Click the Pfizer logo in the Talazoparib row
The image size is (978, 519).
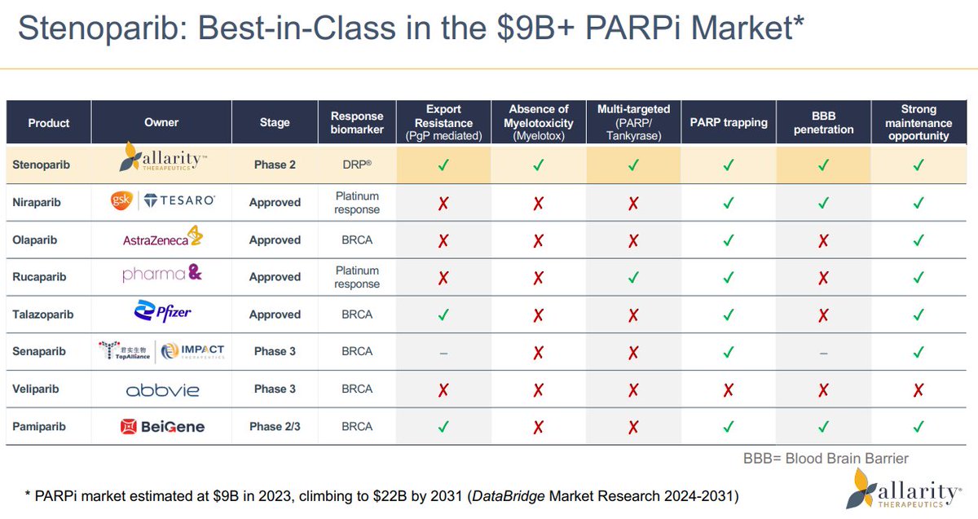[162, 313]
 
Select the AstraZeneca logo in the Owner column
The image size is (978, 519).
[161, 239]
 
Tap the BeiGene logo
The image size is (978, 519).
[162, 426]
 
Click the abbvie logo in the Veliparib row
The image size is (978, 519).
[162, 389]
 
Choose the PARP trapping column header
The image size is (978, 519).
[729, 122]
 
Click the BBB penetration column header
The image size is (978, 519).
[823, 122]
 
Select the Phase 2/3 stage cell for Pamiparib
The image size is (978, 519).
[275, 426]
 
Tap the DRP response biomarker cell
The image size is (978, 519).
[356, 165]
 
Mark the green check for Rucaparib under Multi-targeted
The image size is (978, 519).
[633, 277]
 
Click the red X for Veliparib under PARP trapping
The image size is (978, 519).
[729, 389]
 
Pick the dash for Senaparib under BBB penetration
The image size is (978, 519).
[823, 352]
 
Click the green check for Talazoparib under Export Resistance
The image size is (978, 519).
[443, 314]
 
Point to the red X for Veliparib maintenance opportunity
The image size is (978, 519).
[919, 389]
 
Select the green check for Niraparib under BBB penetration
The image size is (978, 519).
[823, 202]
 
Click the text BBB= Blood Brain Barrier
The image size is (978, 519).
[826, 458]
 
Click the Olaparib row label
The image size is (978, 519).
[37, 240]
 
